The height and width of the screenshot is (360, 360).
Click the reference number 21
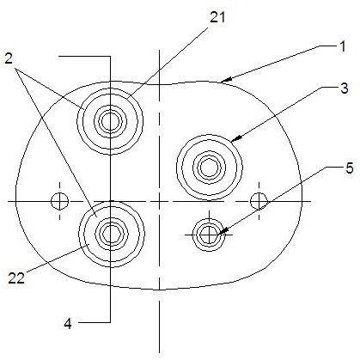coord(217,17)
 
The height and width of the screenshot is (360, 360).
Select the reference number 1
coord(342,46)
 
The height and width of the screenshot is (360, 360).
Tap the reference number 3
coord(345,88)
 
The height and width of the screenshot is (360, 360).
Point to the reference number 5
coord(350,168)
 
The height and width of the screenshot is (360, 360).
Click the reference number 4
coord(68,324)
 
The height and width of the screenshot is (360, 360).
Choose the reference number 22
coord(16,278)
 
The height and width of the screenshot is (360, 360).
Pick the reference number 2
coord(9,59)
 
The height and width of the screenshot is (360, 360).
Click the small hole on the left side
coord(59,201)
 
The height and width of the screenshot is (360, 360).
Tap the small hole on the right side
coord(259,201)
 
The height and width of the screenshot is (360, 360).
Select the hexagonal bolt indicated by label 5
coord(210,235)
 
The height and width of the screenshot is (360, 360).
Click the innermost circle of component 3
coord(209,168)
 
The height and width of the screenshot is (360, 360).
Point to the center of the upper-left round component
coord(110,121)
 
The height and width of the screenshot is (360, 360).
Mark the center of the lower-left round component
coord(111,234)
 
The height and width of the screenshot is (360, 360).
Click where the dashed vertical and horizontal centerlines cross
coord(159,201)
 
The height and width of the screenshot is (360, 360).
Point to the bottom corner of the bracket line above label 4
coord(110,322)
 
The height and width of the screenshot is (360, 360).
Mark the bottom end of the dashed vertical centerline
coord(159,353)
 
